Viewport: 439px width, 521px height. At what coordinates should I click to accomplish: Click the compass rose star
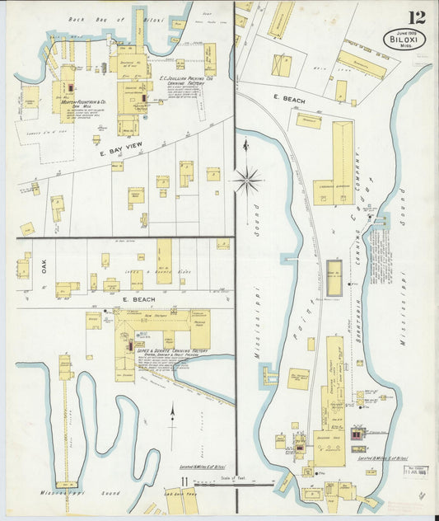(248, 176)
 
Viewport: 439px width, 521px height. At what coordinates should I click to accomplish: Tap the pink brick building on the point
(357, 434)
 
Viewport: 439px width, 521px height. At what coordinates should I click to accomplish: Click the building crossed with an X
(281, 65)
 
